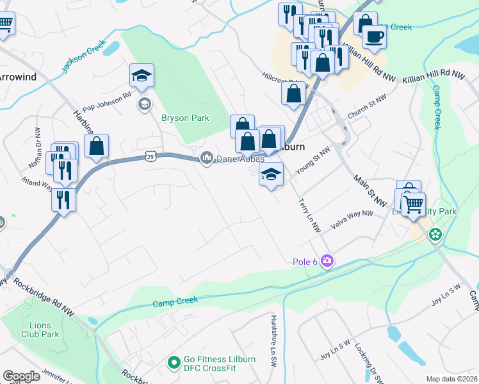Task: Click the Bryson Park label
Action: click(183, 117)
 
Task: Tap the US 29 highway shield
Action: click(150, 156)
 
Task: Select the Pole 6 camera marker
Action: click(328, 260)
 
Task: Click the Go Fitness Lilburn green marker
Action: click(172, 363)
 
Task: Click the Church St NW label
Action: click(364, 113)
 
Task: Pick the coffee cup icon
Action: click(374, 36)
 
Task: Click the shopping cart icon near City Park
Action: click(414, 205)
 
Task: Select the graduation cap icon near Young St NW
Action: click(271, 173)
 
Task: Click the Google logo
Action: click(21, 376)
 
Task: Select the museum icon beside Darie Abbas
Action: click(207, 157)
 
